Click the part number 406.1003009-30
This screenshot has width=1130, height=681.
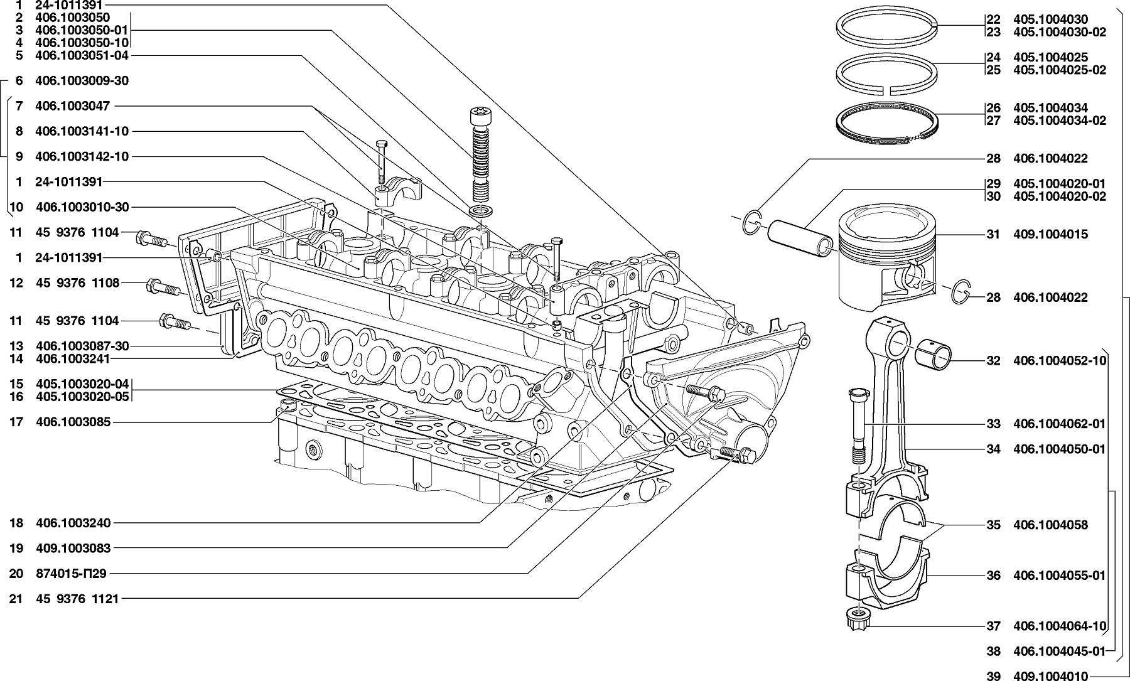82,81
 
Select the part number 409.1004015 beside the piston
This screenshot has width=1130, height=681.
1050,234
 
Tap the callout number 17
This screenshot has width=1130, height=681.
16,422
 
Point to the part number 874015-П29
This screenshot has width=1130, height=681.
72,573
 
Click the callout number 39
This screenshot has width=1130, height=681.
993,676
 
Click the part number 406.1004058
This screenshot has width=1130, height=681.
1050,525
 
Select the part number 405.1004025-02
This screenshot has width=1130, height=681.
1059,70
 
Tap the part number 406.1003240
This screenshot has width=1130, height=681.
73,522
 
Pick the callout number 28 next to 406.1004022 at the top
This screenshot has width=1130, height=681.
993,158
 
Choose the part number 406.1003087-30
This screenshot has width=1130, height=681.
82,346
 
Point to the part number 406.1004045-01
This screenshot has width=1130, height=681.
1059,651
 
